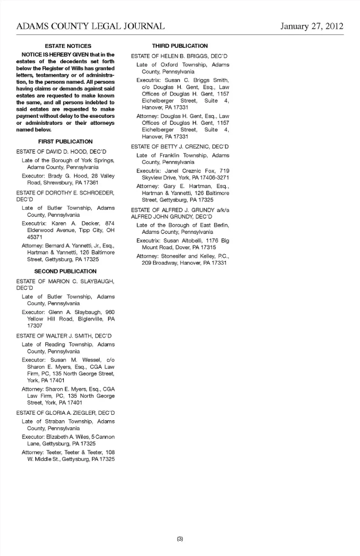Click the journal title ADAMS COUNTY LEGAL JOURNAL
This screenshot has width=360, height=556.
(x=90, y=26)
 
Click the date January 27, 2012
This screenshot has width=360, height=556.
(x=312, y=26)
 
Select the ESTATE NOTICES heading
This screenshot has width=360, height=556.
(x=68, y=46)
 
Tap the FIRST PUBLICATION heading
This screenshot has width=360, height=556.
(x=65, y=142)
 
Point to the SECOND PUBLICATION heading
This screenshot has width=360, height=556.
(x=65, y=271)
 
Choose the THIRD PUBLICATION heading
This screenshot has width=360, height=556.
(x=180, y=46)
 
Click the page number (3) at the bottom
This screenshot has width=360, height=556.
(x=180, y=539)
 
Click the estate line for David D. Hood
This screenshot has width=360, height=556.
(x=61, y=152)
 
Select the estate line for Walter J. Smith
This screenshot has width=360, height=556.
(x=64, y=336)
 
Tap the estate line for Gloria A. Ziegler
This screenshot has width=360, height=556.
(x=65, y=413)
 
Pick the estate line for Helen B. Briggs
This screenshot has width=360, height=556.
(x=179, y=56)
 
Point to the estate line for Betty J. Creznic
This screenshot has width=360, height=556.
(x=180, y=147)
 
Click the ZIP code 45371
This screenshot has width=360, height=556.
(x=34, y=237)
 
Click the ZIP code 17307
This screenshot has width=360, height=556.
(x=34, y=326)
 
